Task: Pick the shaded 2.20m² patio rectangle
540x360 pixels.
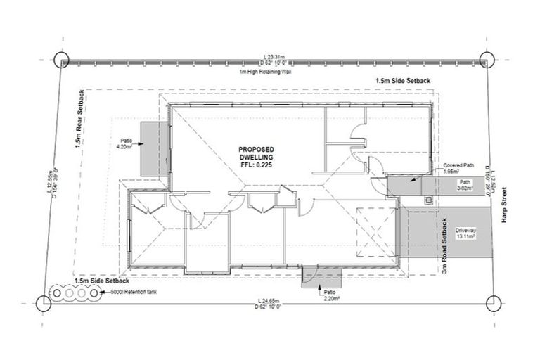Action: click(x=314, y=282)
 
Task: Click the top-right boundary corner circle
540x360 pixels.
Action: click(x=485, y=60)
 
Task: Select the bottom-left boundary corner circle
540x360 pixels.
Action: click(x=43, y=303)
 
